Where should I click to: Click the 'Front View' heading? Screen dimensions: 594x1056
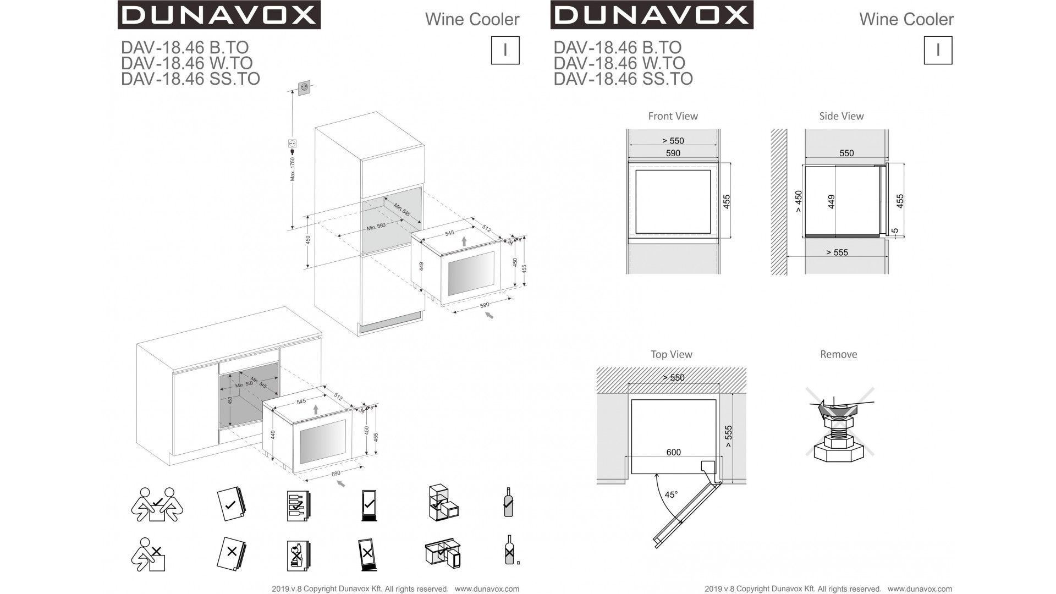point(673,116)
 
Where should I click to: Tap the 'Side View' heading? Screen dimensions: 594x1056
point(841,116)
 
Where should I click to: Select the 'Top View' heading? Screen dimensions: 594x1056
point(671,354)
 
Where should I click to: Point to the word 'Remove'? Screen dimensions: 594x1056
point(838,354)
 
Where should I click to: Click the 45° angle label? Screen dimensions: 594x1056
point(671,494)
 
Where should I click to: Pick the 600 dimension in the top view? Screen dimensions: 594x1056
point(673,452)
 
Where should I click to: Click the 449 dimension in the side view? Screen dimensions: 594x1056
point(831,201)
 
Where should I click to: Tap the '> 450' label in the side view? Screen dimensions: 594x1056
point(799,201)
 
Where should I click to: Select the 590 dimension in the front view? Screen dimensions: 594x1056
point(673,153)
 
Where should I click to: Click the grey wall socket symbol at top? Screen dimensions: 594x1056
point(304,87)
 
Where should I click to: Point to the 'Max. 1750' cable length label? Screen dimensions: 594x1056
point(293,169)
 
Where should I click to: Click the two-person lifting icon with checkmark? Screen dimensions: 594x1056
point(157,504)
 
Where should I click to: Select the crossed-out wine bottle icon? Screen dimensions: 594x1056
point(510,550)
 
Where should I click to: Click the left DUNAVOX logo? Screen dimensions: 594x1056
point(219,15)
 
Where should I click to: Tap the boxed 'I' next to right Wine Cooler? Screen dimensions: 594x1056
point(937,50)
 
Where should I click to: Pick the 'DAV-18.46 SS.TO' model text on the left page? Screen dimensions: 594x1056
point(190,79)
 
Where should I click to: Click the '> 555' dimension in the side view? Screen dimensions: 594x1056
point(837,252)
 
